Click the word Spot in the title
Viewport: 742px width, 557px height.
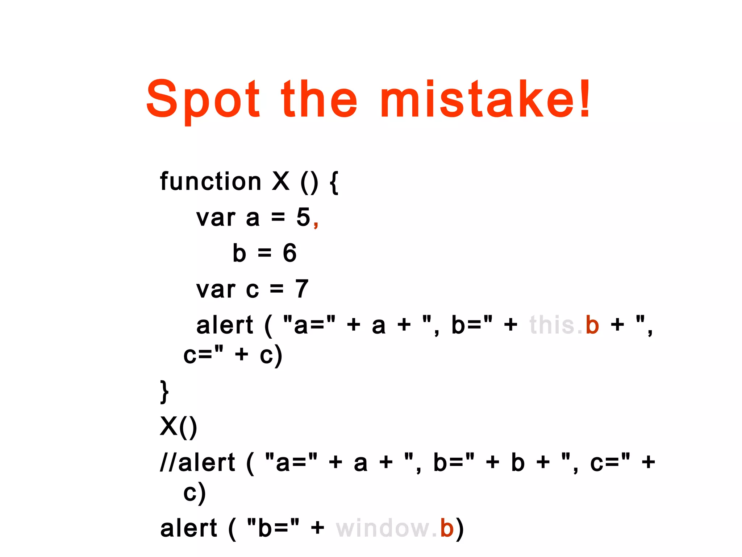click(203, 100)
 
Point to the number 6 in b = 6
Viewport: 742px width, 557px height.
click(289, 253)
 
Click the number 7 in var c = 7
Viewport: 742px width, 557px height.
click(301, 289)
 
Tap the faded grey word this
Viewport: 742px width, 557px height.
click(552, 325)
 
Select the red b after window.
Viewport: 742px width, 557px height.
click(447, 528)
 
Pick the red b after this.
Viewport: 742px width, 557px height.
click(592, 325)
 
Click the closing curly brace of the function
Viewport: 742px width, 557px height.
click(164, 392)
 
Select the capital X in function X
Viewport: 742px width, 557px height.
click(281, 181)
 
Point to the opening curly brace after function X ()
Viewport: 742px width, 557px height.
click(334, 183)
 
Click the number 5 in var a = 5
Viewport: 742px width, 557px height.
click(303, 217)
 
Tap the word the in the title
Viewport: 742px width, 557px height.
click(319, 100)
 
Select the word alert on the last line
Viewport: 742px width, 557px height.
click(188, 528)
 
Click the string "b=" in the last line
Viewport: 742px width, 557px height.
click(273, 528)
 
